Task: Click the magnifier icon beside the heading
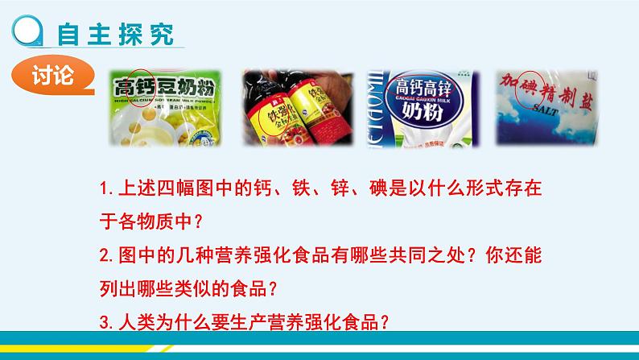click(x=29, y=33)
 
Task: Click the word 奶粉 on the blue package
click(x=423, y=110)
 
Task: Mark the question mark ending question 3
click(x=384, y=321)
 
